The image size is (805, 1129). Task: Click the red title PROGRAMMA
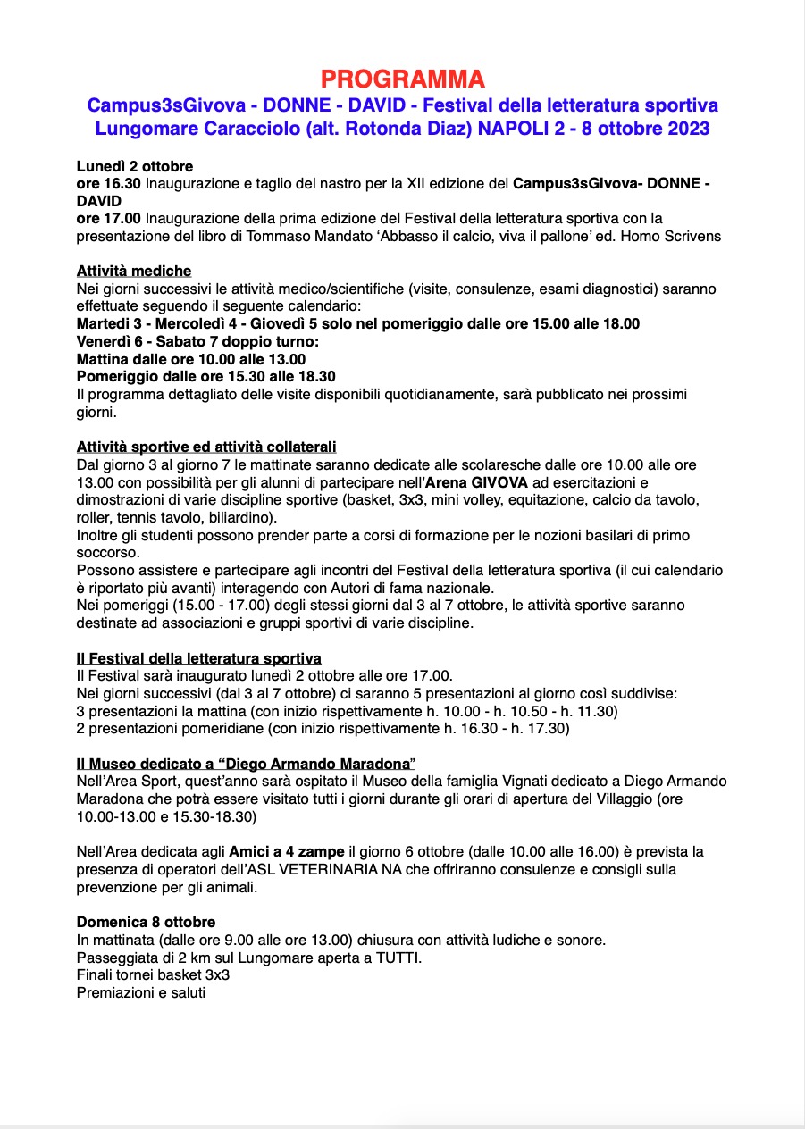coord(402,79)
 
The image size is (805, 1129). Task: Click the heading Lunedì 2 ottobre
coord(135,167)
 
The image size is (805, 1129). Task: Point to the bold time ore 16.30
coord(109,184)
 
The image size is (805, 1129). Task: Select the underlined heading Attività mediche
coord(134,271)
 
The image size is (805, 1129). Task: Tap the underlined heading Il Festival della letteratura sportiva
coord(199,658)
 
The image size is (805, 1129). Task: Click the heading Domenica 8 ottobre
coord(146,922)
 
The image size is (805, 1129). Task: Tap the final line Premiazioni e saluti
coord(141,991)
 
